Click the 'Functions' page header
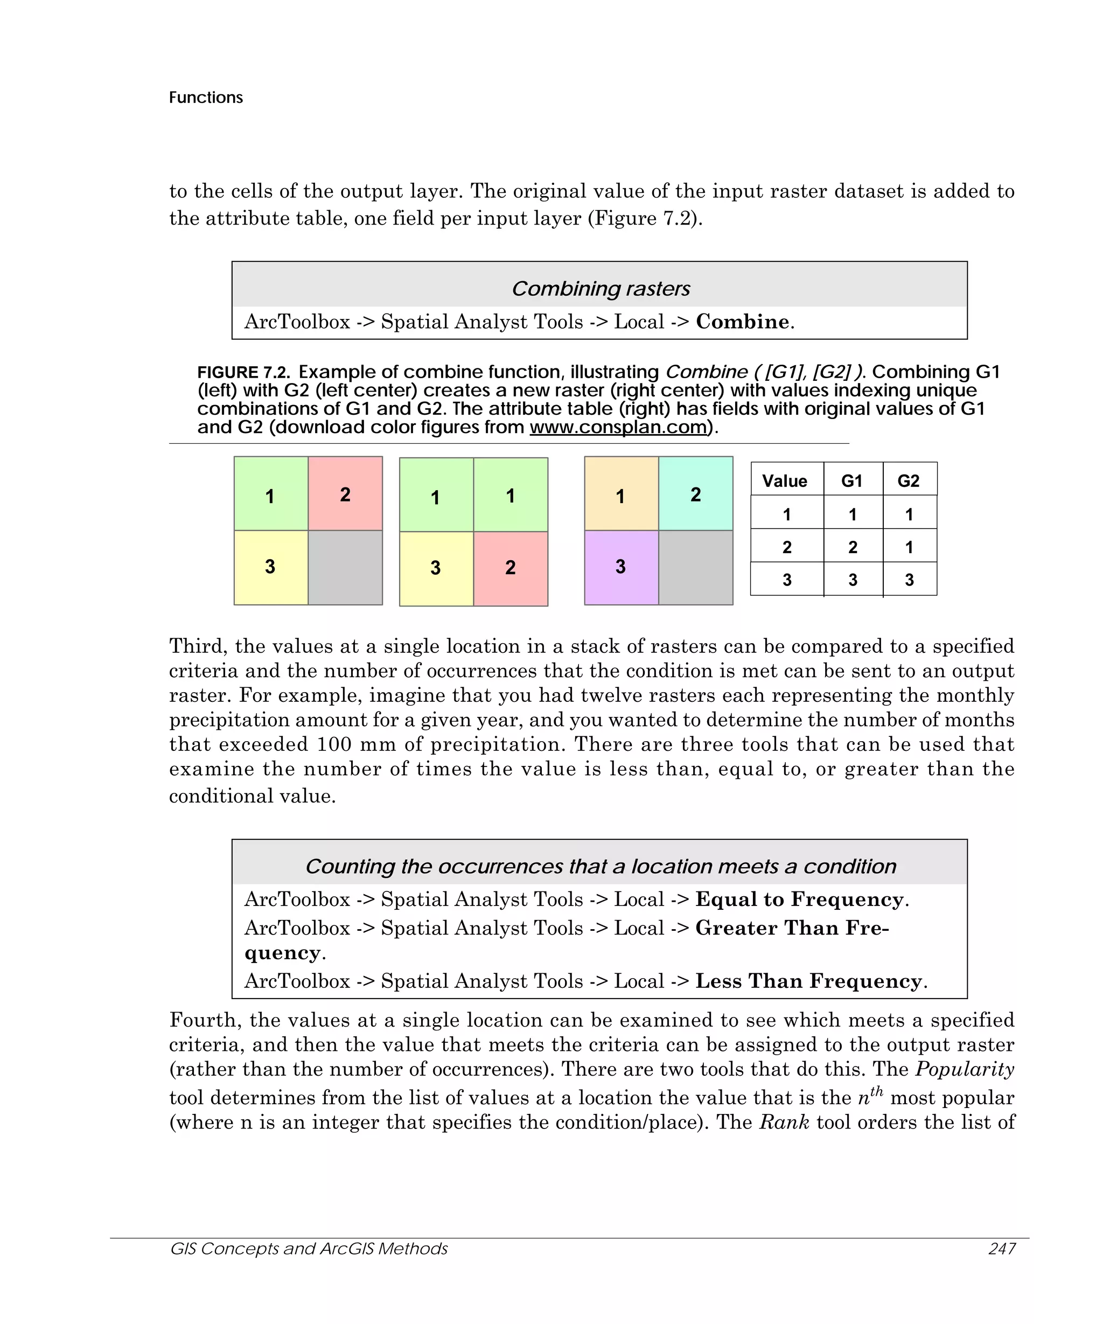click(x=206, y=97)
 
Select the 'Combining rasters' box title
click(x=600, y=288)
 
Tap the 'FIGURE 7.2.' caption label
click(x=243, y=372)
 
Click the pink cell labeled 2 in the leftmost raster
click(x=345, y=493)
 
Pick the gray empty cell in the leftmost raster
click(x=345, y=567)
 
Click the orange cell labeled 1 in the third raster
click(x=622, y=493)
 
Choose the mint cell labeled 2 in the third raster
click(x=696, y=493)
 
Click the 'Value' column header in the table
click(x=785, y=481)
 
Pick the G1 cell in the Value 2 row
click(x=853, y=547)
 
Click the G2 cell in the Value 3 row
click(x=909, y=580)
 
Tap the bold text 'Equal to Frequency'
click(x=799, y=899)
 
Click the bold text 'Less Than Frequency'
click(x=808, y=981)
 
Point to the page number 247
click(x=1002, y=1249)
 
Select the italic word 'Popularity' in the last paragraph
click(x=965, y=1069)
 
